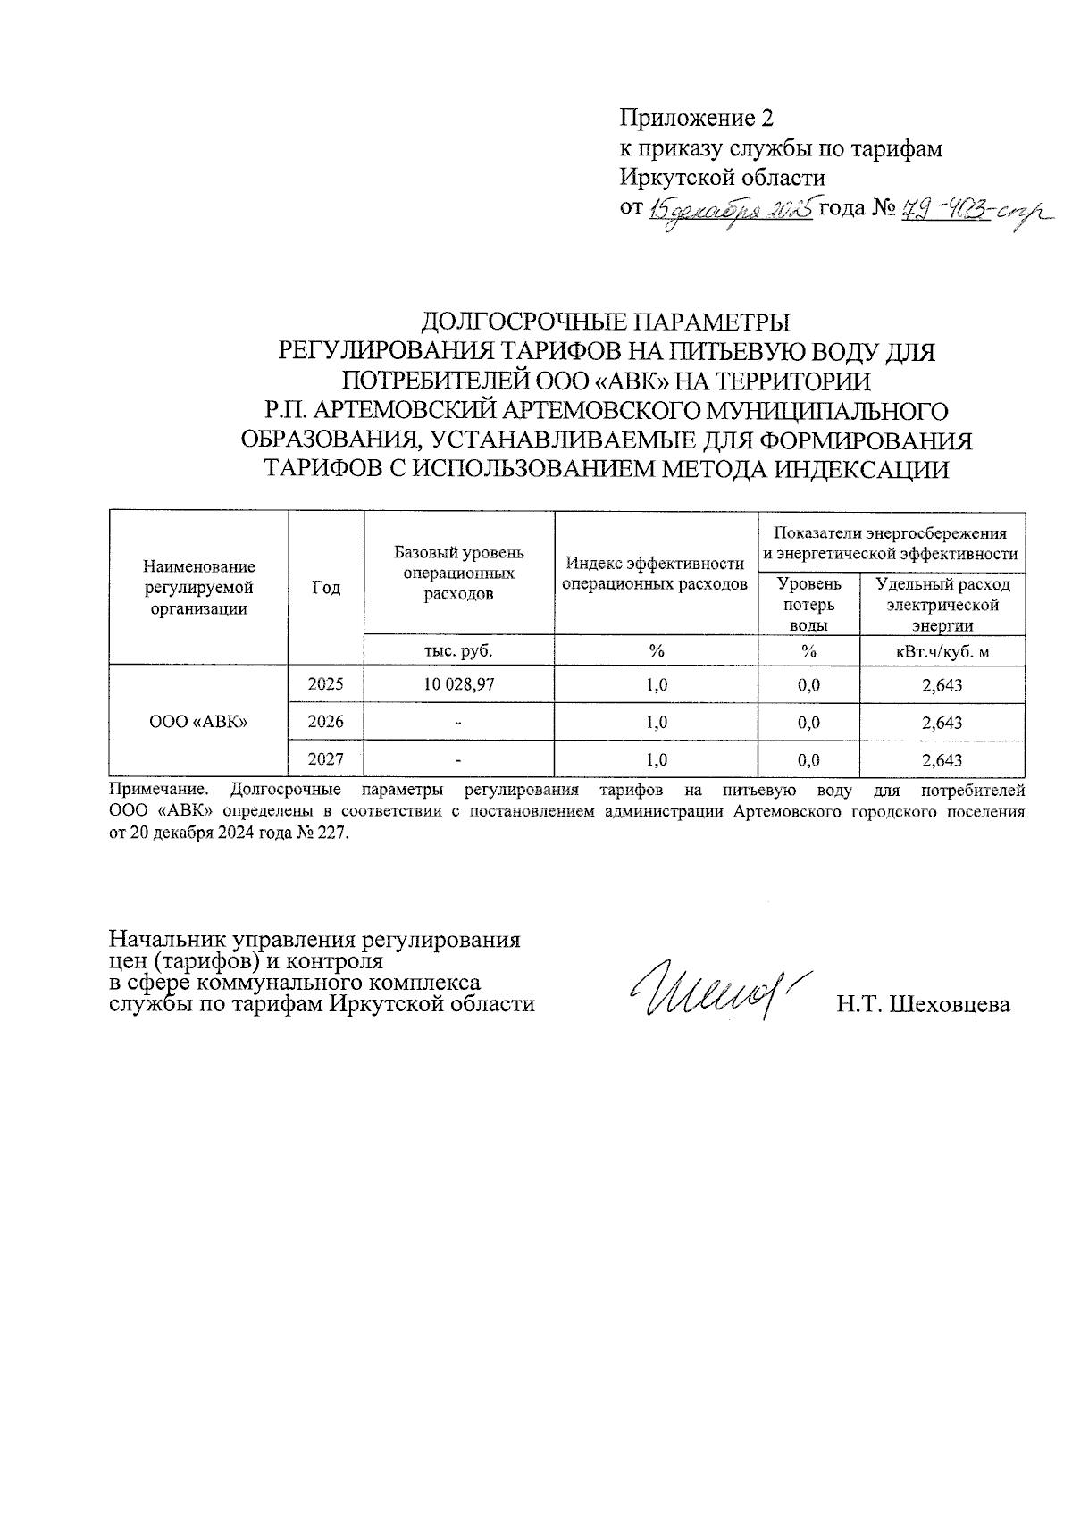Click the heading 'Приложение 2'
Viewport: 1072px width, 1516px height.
[696, 118]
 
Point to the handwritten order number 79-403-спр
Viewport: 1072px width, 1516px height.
[974, 211]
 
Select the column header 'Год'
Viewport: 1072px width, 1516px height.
[326, 587]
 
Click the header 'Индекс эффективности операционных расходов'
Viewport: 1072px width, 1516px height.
[656, 574]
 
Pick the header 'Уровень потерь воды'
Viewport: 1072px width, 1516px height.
[808, 605]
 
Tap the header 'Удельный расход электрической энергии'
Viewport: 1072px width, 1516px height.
[942, 605]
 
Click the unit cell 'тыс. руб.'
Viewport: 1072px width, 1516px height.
[458, 651]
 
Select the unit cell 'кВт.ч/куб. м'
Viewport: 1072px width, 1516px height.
[942, 651]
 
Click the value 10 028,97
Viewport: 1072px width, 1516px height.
[458, 685]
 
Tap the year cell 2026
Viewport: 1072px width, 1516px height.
[326, 722]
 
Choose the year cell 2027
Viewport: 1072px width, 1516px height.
[326, 759]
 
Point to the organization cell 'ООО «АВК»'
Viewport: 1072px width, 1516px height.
[198, 722]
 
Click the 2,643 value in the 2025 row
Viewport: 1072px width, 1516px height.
[942, 685]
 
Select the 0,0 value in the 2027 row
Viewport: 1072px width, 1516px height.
[808, 760]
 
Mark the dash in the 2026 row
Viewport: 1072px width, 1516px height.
[458, 723]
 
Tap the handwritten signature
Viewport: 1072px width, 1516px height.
[715, 992]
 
